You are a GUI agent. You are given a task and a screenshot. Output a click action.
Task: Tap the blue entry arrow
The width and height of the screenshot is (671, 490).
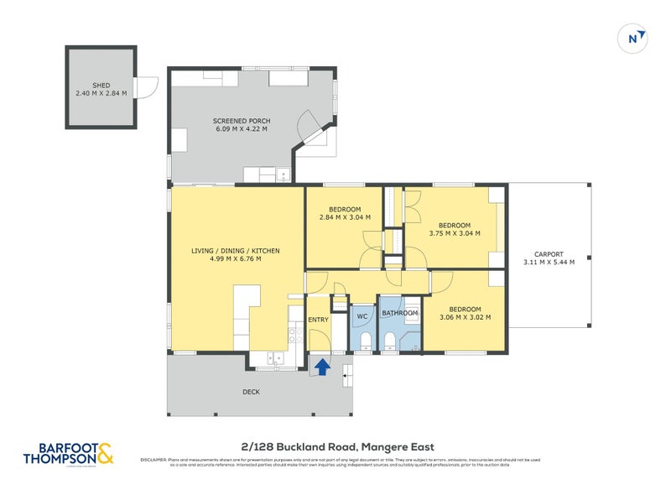click(320, 365)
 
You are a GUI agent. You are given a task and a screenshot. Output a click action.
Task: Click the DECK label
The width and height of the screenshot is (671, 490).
click(251, 392)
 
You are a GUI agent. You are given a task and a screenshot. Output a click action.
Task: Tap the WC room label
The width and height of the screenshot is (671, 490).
click(362, 316)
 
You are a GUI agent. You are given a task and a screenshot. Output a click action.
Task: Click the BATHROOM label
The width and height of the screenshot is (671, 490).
click(400, 314)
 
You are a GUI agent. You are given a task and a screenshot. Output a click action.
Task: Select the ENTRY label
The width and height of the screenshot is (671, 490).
click(319, 320)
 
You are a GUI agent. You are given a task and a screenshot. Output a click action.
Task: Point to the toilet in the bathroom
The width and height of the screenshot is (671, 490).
click(390, 340)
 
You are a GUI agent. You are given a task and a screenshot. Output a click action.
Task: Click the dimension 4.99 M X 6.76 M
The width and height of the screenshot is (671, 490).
click(235, 259)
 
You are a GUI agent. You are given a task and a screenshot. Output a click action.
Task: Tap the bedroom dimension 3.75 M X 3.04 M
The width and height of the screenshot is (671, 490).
click(454, 233)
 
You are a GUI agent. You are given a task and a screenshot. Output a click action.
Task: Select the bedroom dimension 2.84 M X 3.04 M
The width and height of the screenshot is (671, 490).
click(345, 218)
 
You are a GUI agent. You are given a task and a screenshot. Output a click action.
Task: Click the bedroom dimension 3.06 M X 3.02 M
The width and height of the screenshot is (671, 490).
click(464, 317)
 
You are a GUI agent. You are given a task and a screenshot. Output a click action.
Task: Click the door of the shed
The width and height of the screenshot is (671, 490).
click(148, 86)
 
